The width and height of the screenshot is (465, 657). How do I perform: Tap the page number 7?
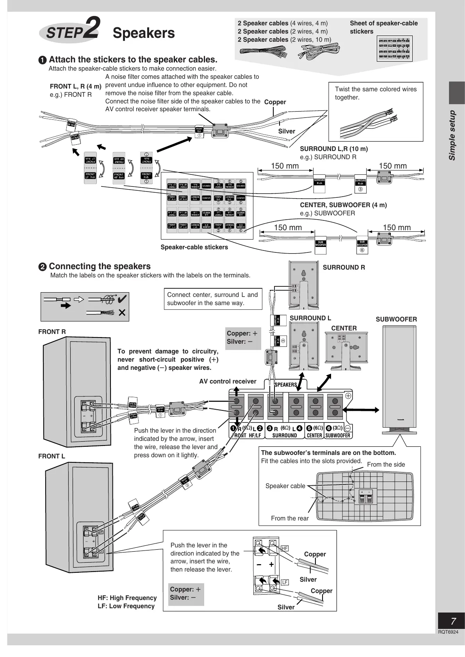(453, 621)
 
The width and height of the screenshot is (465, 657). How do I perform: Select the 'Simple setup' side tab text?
(452, 135)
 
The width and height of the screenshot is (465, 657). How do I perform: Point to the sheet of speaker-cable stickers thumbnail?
(395, 49)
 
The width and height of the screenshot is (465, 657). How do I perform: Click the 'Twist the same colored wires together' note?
(376, 93)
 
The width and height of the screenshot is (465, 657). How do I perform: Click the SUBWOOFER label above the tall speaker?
(396, 319)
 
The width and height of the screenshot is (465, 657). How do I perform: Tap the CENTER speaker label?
(344, 328)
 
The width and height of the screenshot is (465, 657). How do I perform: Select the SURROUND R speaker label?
(344, 267)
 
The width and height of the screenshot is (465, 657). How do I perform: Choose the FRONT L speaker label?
(52, 456)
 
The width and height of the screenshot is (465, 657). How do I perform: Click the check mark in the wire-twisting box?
(122, 299)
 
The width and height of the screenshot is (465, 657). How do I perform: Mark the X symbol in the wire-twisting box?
(122, 313)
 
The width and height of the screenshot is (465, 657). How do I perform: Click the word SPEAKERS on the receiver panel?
(286, 385)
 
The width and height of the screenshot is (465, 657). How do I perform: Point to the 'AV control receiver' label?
(228, 381)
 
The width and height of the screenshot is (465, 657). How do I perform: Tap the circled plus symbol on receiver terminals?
(348, 396)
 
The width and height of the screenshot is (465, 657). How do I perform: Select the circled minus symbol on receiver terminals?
(348, 428)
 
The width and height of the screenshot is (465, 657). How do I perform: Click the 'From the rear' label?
(290, 518)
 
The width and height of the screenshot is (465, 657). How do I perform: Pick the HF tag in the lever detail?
(285, 548)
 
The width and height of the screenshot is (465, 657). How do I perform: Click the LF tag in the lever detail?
(285, 582)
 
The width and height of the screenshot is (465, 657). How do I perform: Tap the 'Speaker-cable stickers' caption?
(194, 247)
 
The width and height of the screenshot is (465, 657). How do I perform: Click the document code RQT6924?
(448, 632)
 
